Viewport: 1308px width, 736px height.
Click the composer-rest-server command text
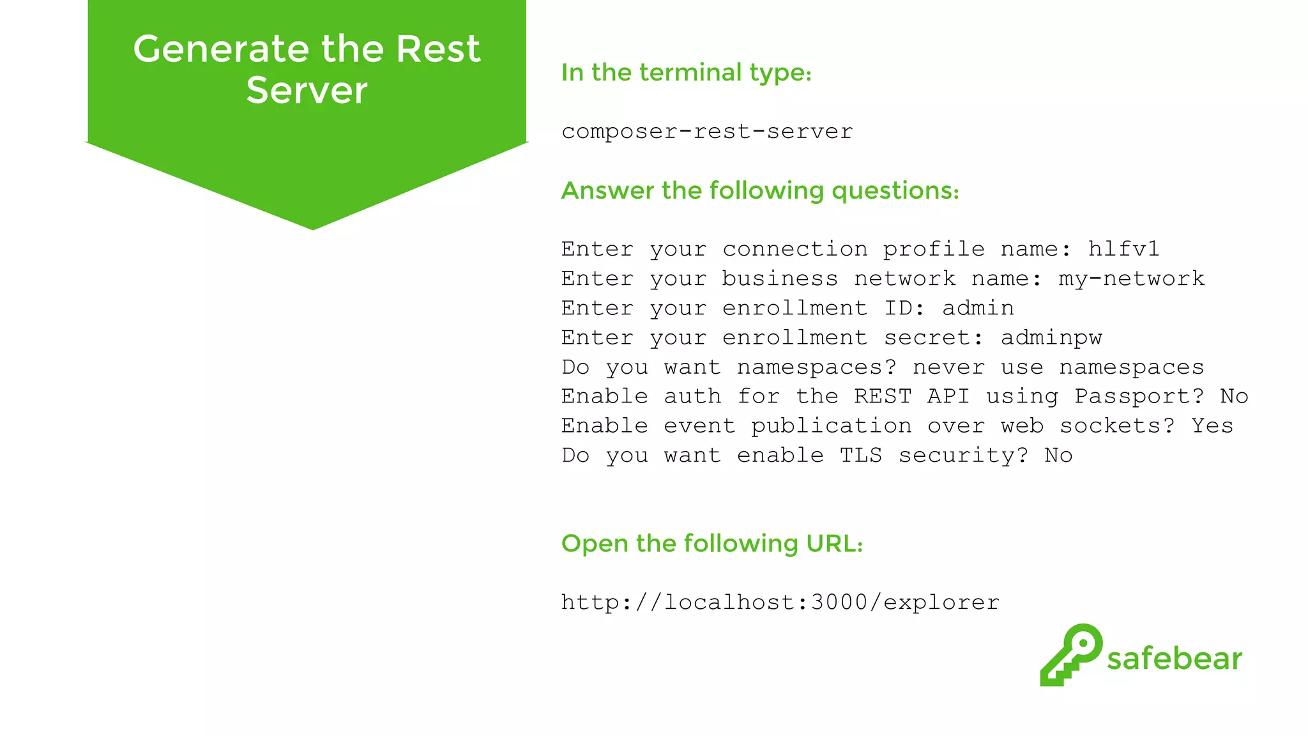pyautogui.click(x=707, y=132)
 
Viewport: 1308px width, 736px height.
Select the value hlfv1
pyautogui.click(x=1123, y=249)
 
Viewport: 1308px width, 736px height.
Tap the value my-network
pyautogui.click(x=1131, y=279)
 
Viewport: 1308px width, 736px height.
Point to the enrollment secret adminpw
pyautogui.click(x=1051, y=337)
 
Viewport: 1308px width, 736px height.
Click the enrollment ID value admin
pyautogui.click(x=978, y=308)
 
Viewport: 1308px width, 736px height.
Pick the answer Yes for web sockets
pyautogui.click(x=1212, y=425)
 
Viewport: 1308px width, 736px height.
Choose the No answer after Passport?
pyautogui.click(x=1234, y=396)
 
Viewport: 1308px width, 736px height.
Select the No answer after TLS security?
pyautogui.click(x=1058, y=455)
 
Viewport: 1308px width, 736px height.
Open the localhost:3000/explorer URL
pyautogui.click(x=780, y=602)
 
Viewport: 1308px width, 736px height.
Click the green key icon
pyautogui.click(x=1071, y=654)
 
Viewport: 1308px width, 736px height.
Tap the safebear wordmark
pyautogui.click(x=1175, y=659)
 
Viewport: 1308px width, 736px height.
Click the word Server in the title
pyautogui.click(x=307, y=90)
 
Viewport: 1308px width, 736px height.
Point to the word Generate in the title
pyautogui.click(x=222, y=49)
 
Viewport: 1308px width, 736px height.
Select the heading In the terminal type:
pyautogui.click(x=687, y=73)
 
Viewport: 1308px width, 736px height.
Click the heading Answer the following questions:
pyautogui.click(x=760, y=190)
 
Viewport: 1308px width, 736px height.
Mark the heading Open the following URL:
pyautogui.click(x=712, y=544)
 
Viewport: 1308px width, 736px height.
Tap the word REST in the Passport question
pyautogui.click(x=883, y=396)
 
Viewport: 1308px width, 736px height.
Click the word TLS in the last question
pyautogui.click(x=860, y=455)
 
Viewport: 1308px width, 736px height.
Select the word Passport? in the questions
pyautogui.click(x=1139, y=396)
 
